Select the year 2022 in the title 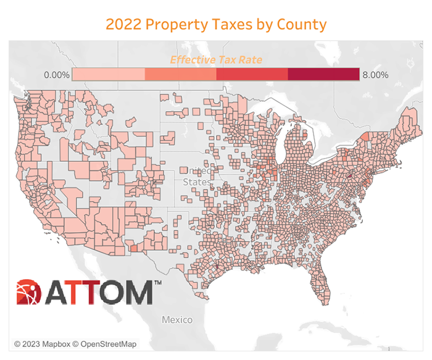tap(122, 25)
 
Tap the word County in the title tap(299, 25)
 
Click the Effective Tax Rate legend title tap(216, 60)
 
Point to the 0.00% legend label tap(56, 75)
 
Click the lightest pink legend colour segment tap(108, 75)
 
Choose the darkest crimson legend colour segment tap(324, 75)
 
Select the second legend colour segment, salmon tap(180, 75)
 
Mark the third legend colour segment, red tap(252, 75)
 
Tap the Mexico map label tap(177, 320)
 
